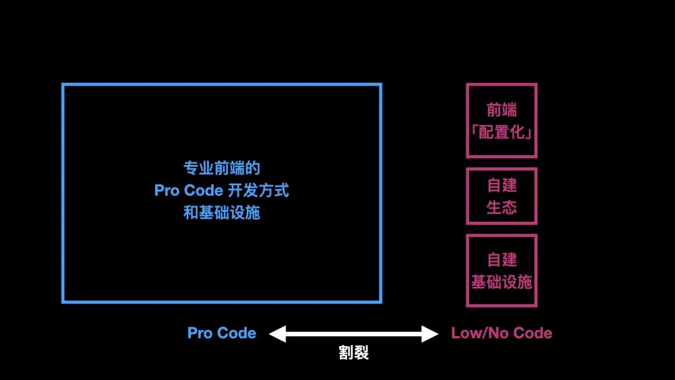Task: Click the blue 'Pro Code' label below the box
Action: (221, 333)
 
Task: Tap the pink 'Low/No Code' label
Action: (501, 333)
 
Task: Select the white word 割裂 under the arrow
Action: (354, 353)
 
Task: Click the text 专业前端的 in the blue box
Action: (222, 168)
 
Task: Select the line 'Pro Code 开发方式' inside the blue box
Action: (222, 191)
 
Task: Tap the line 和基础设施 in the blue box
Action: (222, 212)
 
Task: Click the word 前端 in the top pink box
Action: (501, 110)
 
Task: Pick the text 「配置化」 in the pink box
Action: (501, 132)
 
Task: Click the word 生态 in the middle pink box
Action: (501, 207)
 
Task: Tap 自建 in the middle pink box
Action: (501, 185)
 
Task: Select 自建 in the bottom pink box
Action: (501, 259)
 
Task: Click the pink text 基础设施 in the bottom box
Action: (501, 282)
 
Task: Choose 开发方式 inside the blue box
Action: (258, 191)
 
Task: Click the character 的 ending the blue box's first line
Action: (252, 168)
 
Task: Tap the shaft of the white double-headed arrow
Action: (354, 334)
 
